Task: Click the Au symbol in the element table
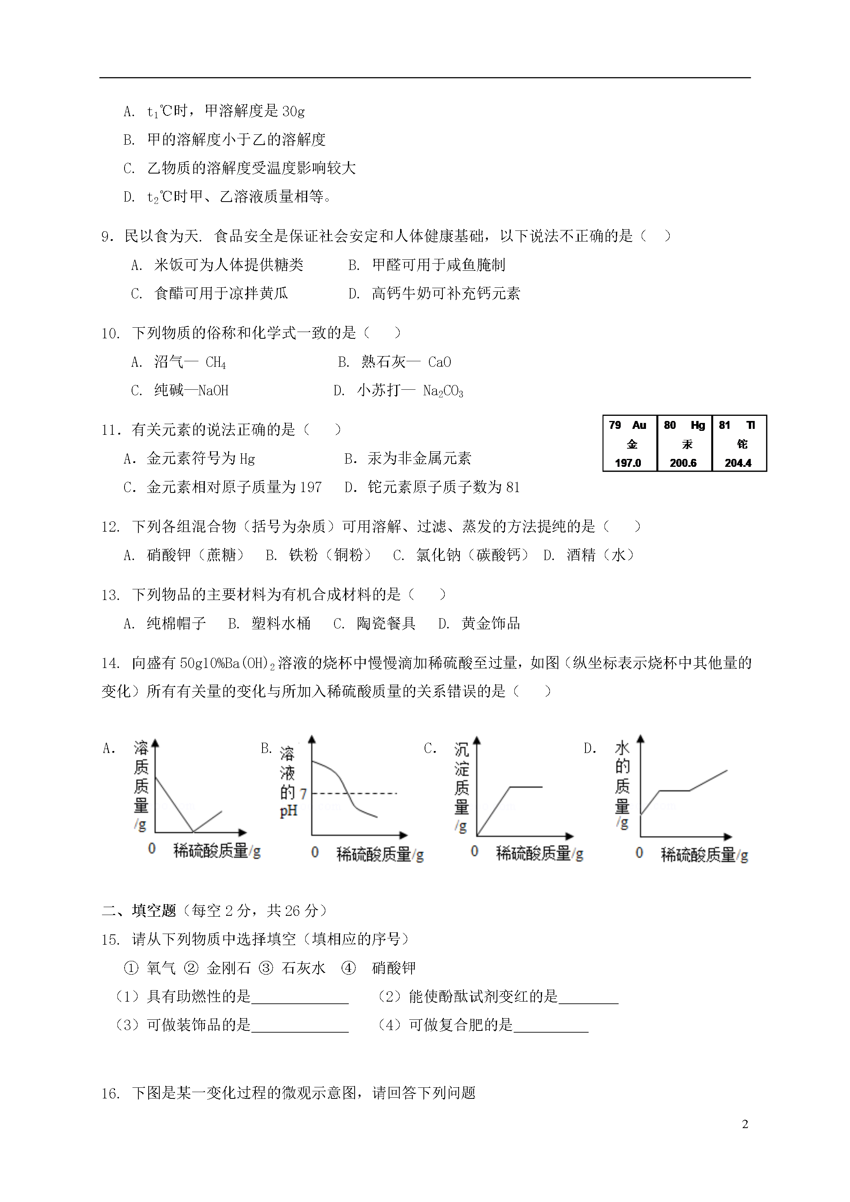tap(639, 425)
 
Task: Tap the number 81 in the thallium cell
tap(724, 425)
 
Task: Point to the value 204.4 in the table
tap(738, 463)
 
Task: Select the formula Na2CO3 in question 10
tap(443, 391)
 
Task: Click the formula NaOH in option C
tap(213, 391)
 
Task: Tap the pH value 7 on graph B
tap(303, 794)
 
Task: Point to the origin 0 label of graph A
tap(152, 849)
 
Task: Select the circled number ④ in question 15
tap(348, 968)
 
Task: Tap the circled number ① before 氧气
tap(130, 968)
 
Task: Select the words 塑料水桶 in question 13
tap(281, 623)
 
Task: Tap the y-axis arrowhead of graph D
tap(640, 739)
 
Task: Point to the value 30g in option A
tap(293, 111)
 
